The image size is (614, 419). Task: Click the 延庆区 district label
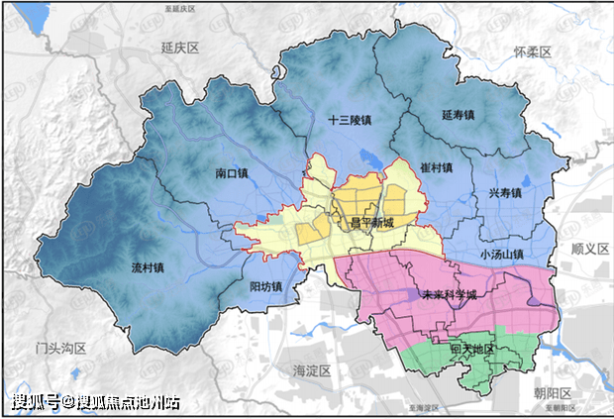(180, 48)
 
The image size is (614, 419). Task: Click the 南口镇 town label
(235, 172)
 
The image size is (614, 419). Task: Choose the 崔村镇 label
(436, 167)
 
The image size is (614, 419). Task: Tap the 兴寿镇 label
(503, 193)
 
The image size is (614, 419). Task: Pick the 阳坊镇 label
(264, 287)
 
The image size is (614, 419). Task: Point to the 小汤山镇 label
(500, 253)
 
